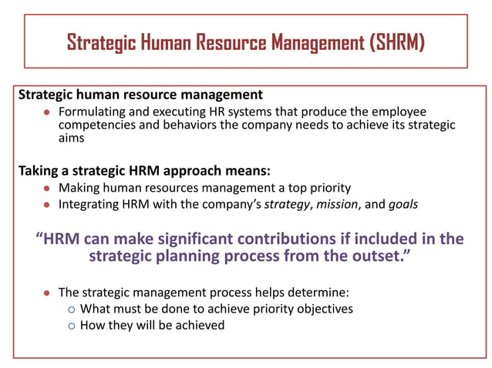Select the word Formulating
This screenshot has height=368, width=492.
[x=91, y=112]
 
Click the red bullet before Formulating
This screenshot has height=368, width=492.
[x=47, y=112]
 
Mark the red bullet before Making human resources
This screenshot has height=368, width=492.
[x=47, y=189]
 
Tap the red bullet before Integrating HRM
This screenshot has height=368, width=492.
[x=47, y=204]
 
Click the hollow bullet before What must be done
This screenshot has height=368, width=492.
[x=72, y=309]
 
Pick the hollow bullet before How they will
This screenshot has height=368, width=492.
[x=72, y=326]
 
